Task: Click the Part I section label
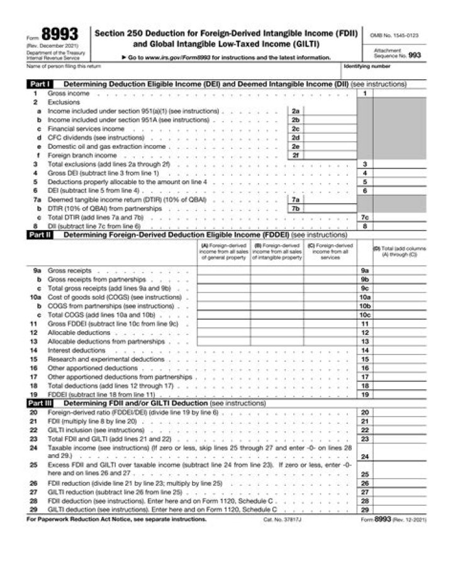pos(39,84)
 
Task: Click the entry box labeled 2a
pos(295,111)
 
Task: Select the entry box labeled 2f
pos(295,155)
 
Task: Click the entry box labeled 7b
pos(295,208)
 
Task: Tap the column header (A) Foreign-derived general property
pos(223,251)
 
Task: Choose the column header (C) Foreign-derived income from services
pos(330,251)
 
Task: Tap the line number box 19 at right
pos(364,395)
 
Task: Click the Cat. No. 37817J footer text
pos(281,521)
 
